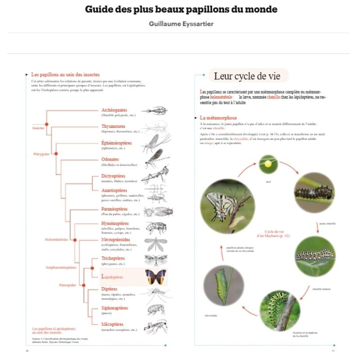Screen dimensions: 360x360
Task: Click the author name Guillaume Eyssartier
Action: (181, 24)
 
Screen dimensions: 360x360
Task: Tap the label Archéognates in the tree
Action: (114, 110)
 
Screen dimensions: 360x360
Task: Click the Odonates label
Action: (110, 159)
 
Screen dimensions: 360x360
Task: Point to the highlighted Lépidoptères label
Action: (112, 277)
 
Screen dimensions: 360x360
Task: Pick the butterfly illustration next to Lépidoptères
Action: (156, 277)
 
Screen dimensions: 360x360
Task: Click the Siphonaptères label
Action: (114, 308)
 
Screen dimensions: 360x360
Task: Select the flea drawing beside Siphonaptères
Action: (156, 310)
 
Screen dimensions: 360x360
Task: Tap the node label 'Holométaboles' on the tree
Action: (56, 240)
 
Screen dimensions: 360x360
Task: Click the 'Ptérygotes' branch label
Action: (41, 154)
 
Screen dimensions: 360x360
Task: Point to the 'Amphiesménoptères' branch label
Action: (61, 267)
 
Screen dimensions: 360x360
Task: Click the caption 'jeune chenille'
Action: (327, 223)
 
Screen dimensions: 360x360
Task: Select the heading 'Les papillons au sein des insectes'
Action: (65, 74)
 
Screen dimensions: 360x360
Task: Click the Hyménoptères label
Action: (115, 223)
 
